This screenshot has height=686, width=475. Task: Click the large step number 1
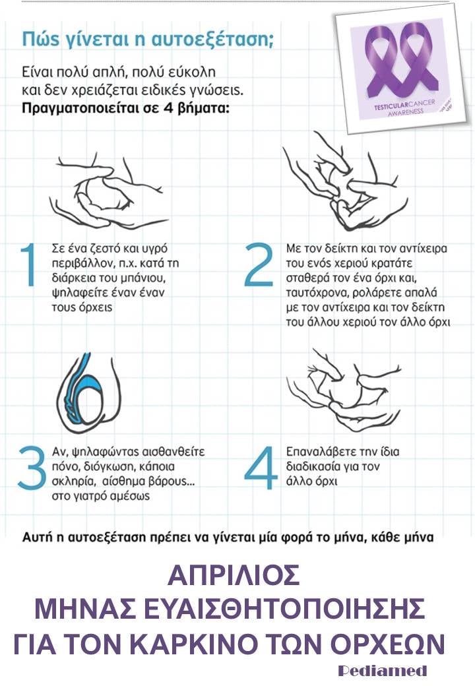pyautogui.click(x=28, y=265)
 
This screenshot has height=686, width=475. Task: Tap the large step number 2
pyautogui.click(x=259, y=265)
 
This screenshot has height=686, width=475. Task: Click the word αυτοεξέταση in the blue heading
pyautogui.click(x=212, y=40)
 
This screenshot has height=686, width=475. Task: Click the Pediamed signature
pyautogui.click(x=383, y=670)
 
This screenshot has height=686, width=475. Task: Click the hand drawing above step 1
pyautogui.click(x=107, y=191)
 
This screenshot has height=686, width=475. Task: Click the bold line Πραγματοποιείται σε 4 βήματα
pyautogui.click(x=125, y=108)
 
